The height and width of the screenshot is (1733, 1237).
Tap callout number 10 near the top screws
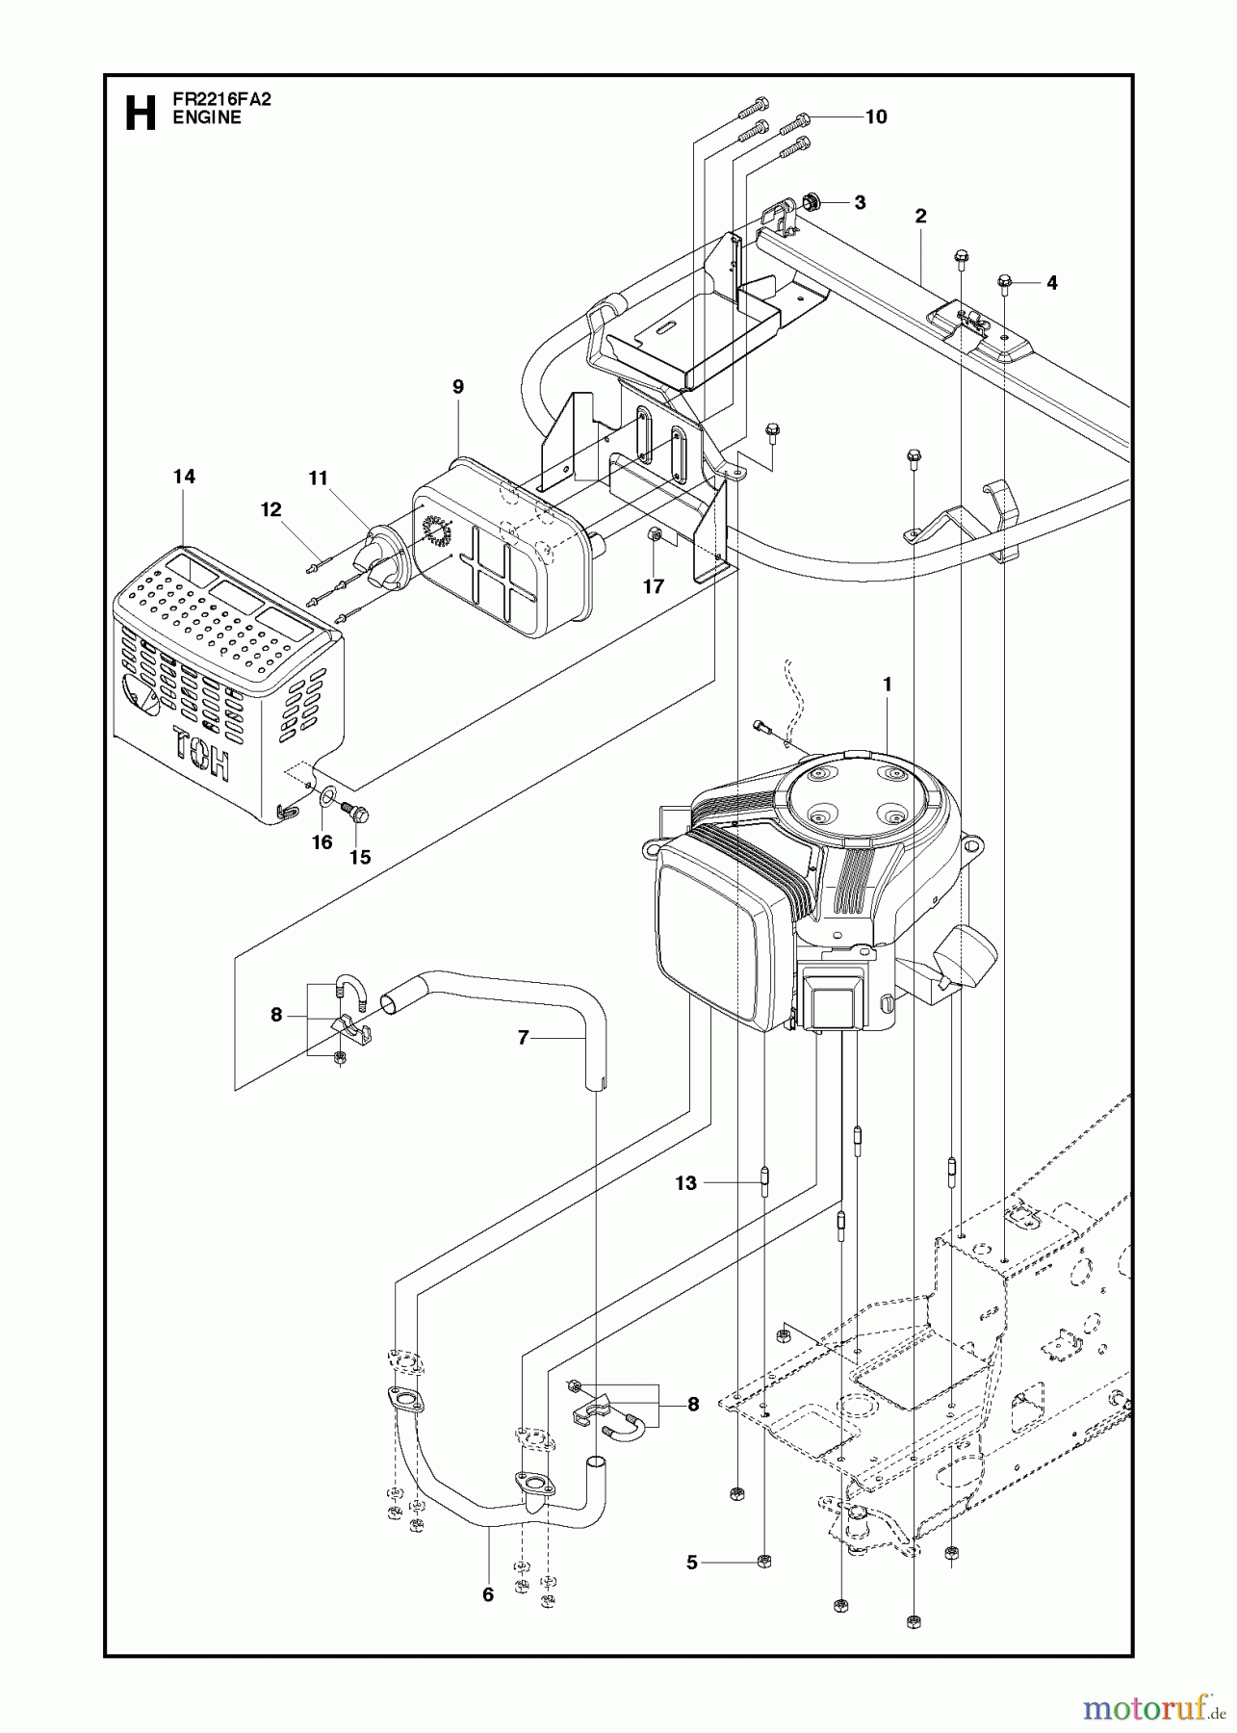click(875, 117)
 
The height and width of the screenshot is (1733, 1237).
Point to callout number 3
click(859, 203)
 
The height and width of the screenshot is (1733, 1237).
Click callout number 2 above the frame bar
click(920, 217)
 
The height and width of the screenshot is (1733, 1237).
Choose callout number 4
click(1051, 283)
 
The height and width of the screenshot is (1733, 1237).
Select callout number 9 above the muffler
click(457, 387)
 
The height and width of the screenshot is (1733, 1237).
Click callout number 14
click(183, 477)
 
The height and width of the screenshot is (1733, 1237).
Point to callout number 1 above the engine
click(887, 685)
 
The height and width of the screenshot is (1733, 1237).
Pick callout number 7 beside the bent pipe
click(524, 1038)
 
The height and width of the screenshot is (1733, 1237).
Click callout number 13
click(685, 1183)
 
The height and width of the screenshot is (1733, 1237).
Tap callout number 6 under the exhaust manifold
click(488, 1595)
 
